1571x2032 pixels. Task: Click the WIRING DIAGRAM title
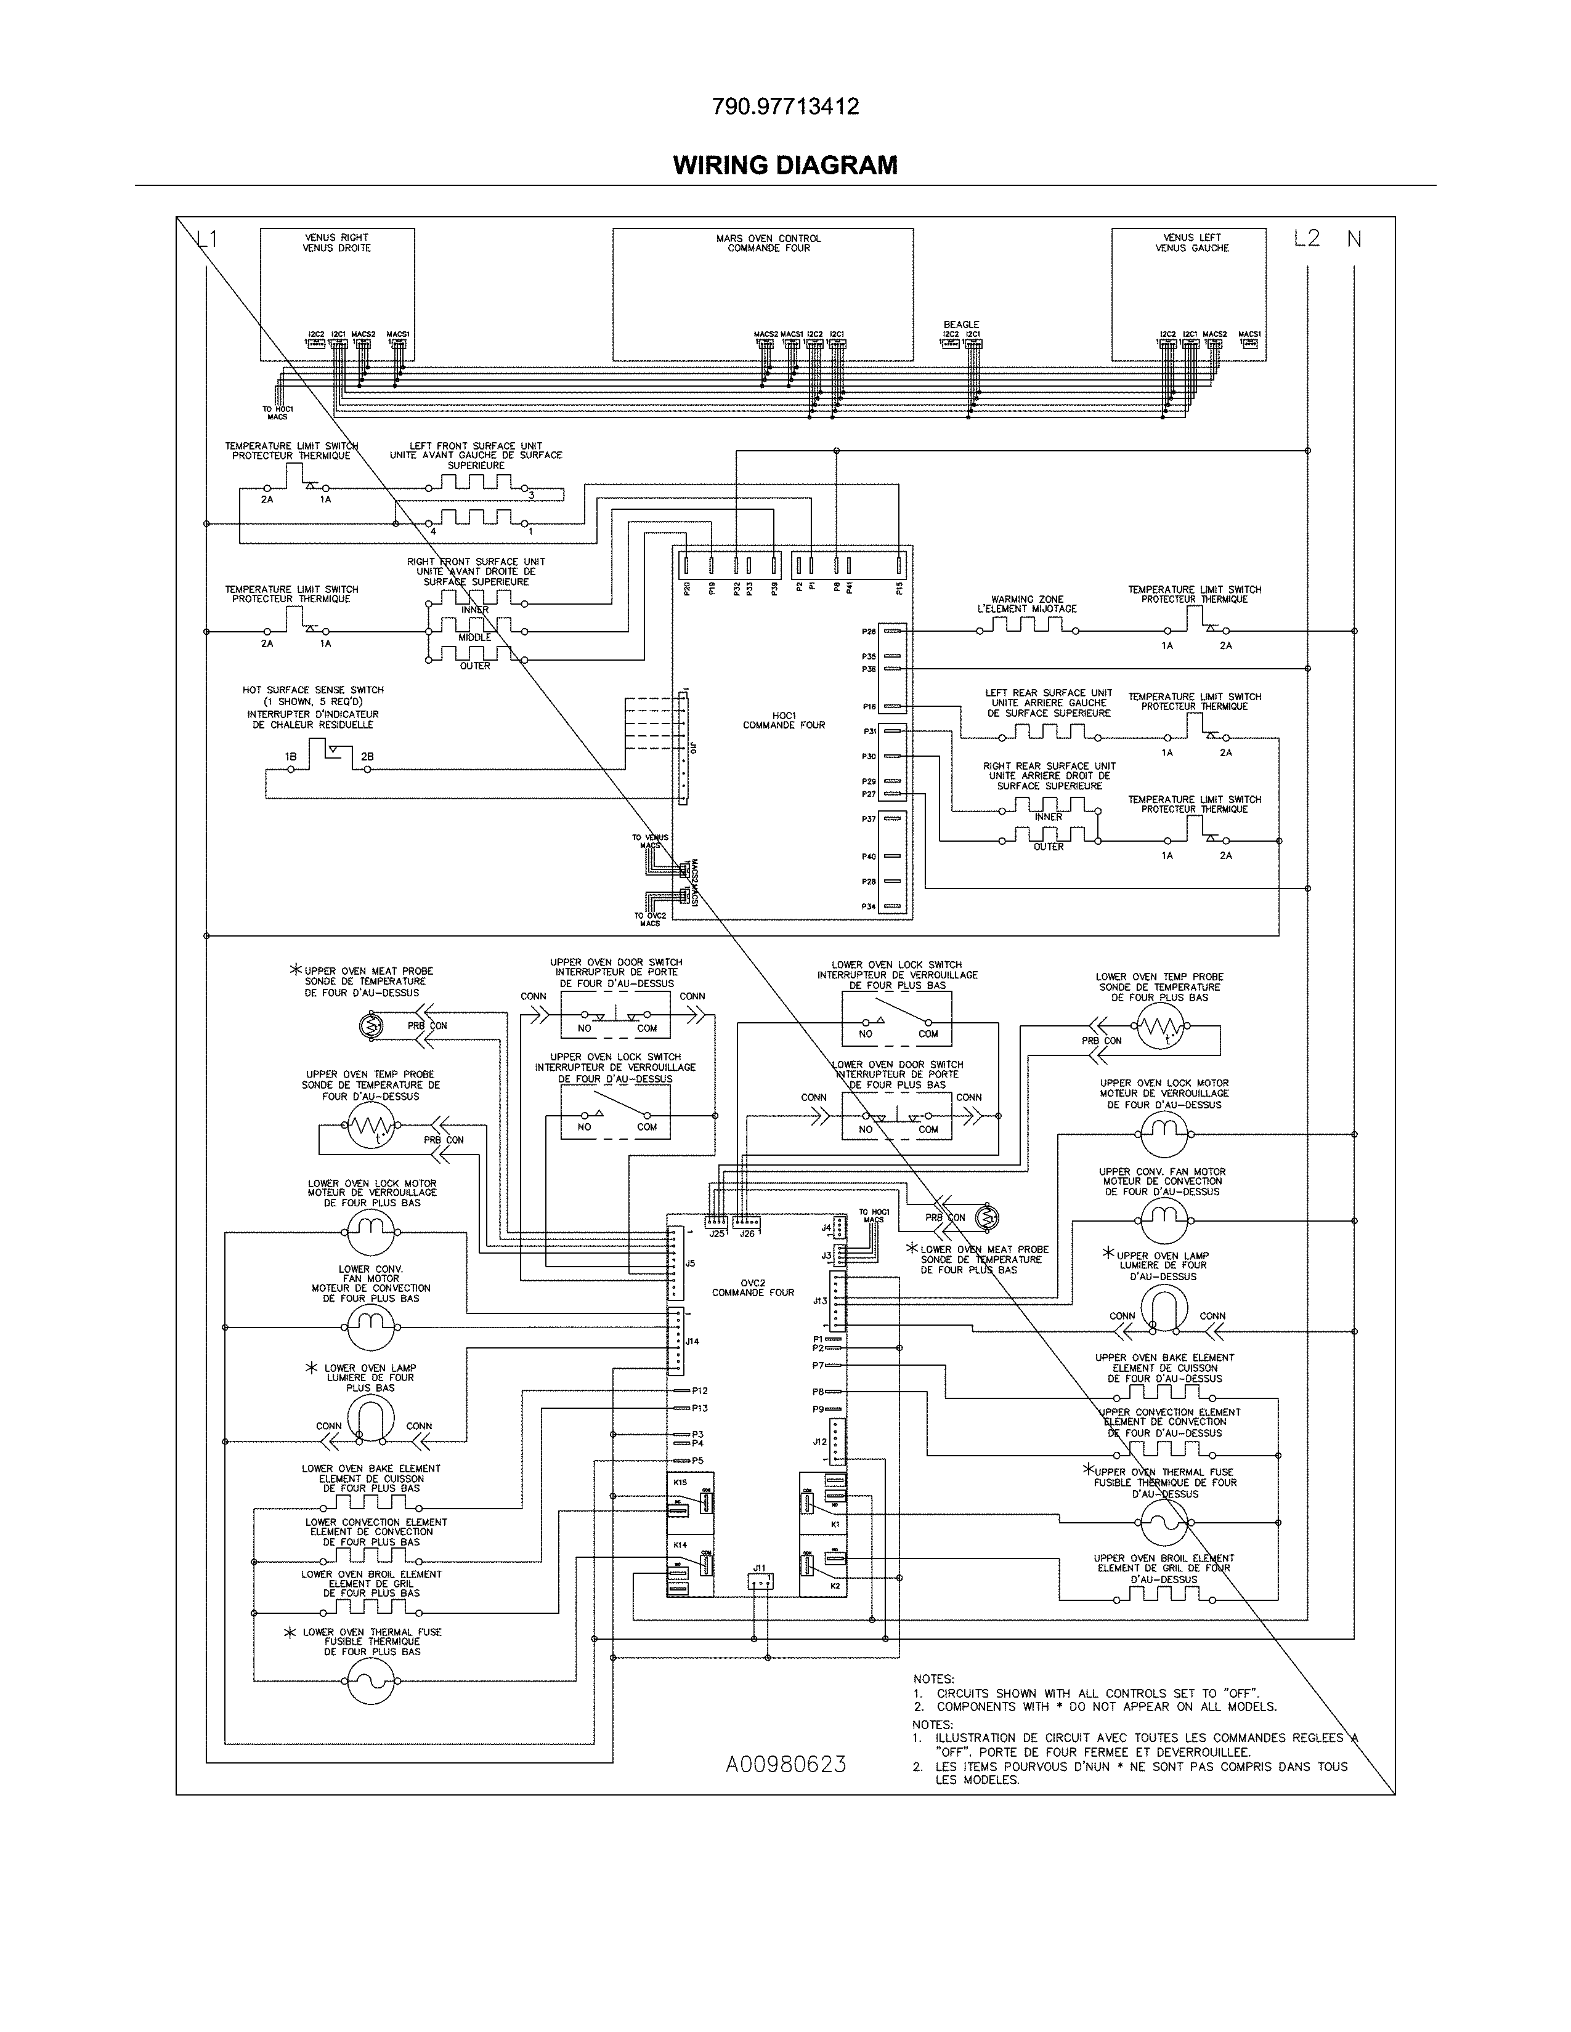(x=784, y=166)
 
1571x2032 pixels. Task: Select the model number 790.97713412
(x=784, y=107)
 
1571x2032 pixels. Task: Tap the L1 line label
(x=206, y=239)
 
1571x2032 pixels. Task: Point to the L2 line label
(x=1305, y=238)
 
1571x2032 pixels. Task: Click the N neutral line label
(x=1354, y=239)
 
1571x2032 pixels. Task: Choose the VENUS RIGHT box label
(x=336, y=243)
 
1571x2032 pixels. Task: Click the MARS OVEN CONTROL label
(x=768, y=243)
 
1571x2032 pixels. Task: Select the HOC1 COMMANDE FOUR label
(x=784, y=720)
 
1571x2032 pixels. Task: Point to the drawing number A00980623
(x=785, y=1765)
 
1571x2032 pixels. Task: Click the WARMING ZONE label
(x=1026, y=604)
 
